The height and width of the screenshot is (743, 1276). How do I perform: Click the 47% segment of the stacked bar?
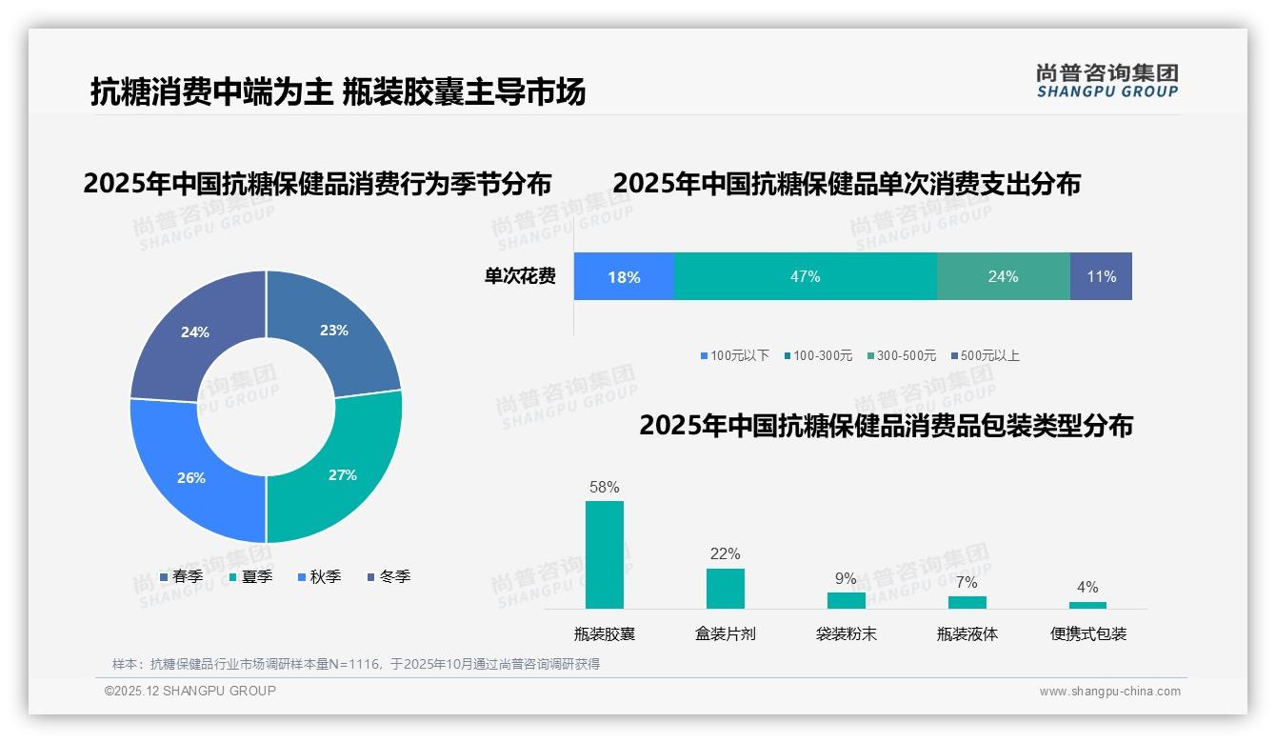(805, 276)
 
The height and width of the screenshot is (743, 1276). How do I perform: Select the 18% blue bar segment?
(624, 276)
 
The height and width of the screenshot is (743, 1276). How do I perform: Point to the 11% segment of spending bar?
(1101, 276)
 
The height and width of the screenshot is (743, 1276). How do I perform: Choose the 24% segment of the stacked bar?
(1003, 276)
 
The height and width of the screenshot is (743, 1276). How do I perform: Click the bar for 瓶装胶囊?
(604, 554)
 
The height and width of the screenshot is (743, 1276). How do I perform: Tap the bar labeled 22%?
(725, 588)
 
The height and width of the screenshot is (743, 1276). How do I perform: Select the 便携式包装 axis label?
(1087, 633)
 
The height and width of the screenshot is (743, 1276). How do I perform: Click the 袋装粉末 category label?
(846, 633)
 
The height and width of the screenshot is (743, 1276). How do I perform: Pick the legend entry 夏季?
(255, 576)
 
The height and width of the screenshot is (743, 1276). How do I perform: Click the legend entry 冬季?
(392, 576)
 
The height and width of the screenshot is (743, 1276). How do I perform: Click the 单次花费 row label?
(520, 276)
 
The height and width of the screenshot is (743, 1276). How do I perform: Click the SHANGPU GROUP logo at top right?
(1107, 80)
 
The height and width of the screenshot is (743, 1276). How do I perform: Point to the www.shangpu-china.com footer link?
(1109, 691)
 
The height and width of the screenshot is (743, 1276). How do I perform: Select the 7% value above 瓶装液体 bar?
(967, 582)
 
